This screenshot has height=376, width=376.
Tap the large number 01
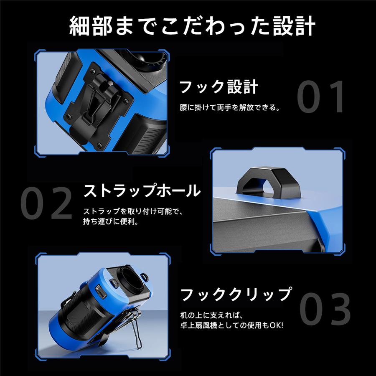(x=321, y=97)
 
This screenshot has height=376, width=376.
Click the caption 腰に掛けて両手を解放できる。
(x=229, y=107)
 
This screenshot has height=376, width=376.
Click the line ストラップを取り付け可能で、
(x=133, y=210)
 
